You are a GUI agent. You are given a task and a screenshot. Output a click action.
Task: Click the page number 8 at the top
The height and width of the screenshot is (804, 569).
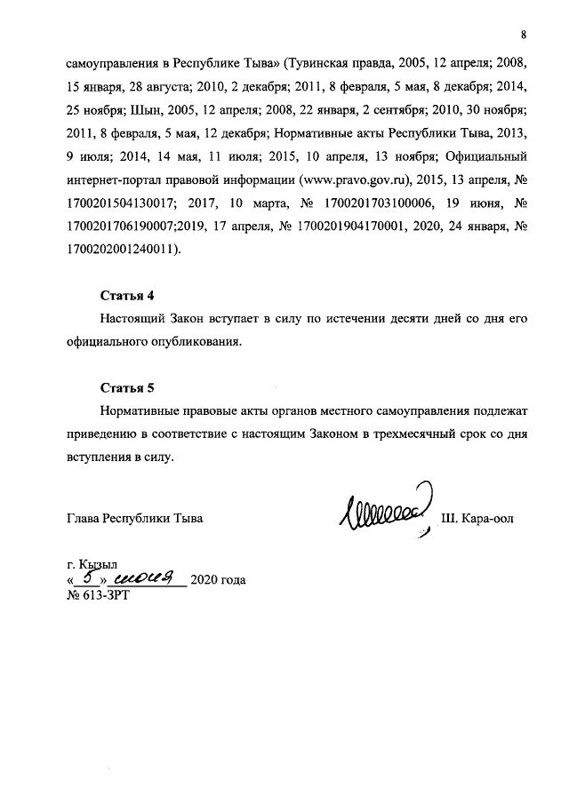(x=525, y=35)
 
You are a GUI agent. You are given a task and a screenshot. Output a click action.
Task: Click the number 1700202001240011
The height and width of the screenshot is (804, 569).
(x=121, y=250)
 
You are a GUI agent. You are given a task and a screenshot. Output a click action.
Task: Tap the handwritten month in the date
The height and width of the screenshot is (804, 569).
(x=148, y=577)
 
